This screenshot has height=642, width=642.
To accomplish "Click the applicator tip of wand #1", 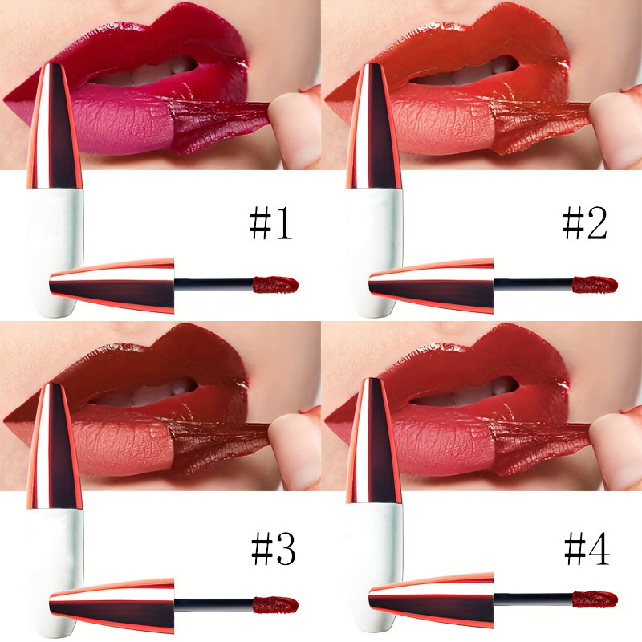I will tap(276, 284).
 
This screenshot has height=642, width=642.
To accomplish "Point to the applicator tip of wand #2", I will tap(595, 284).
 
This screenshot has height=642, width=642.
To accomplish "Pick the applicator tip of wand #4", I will tap(595, 599).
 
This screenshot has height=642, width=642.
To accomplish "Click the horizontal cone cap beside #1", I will tap(112, 285).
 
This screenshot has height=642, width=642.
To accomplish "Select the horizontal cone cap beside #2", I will tap(432, 285).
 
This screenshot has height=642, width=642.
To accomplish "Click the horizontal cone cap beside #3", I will tap(112, 603).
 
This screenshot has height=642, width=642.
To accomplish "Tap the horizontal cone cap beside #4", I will tap(432, 601).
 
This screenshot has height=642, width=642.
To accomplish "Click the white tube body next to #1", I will tap(56, 233).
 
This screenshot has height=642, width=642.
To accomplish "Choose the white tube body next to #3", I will tap(56, 554).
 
